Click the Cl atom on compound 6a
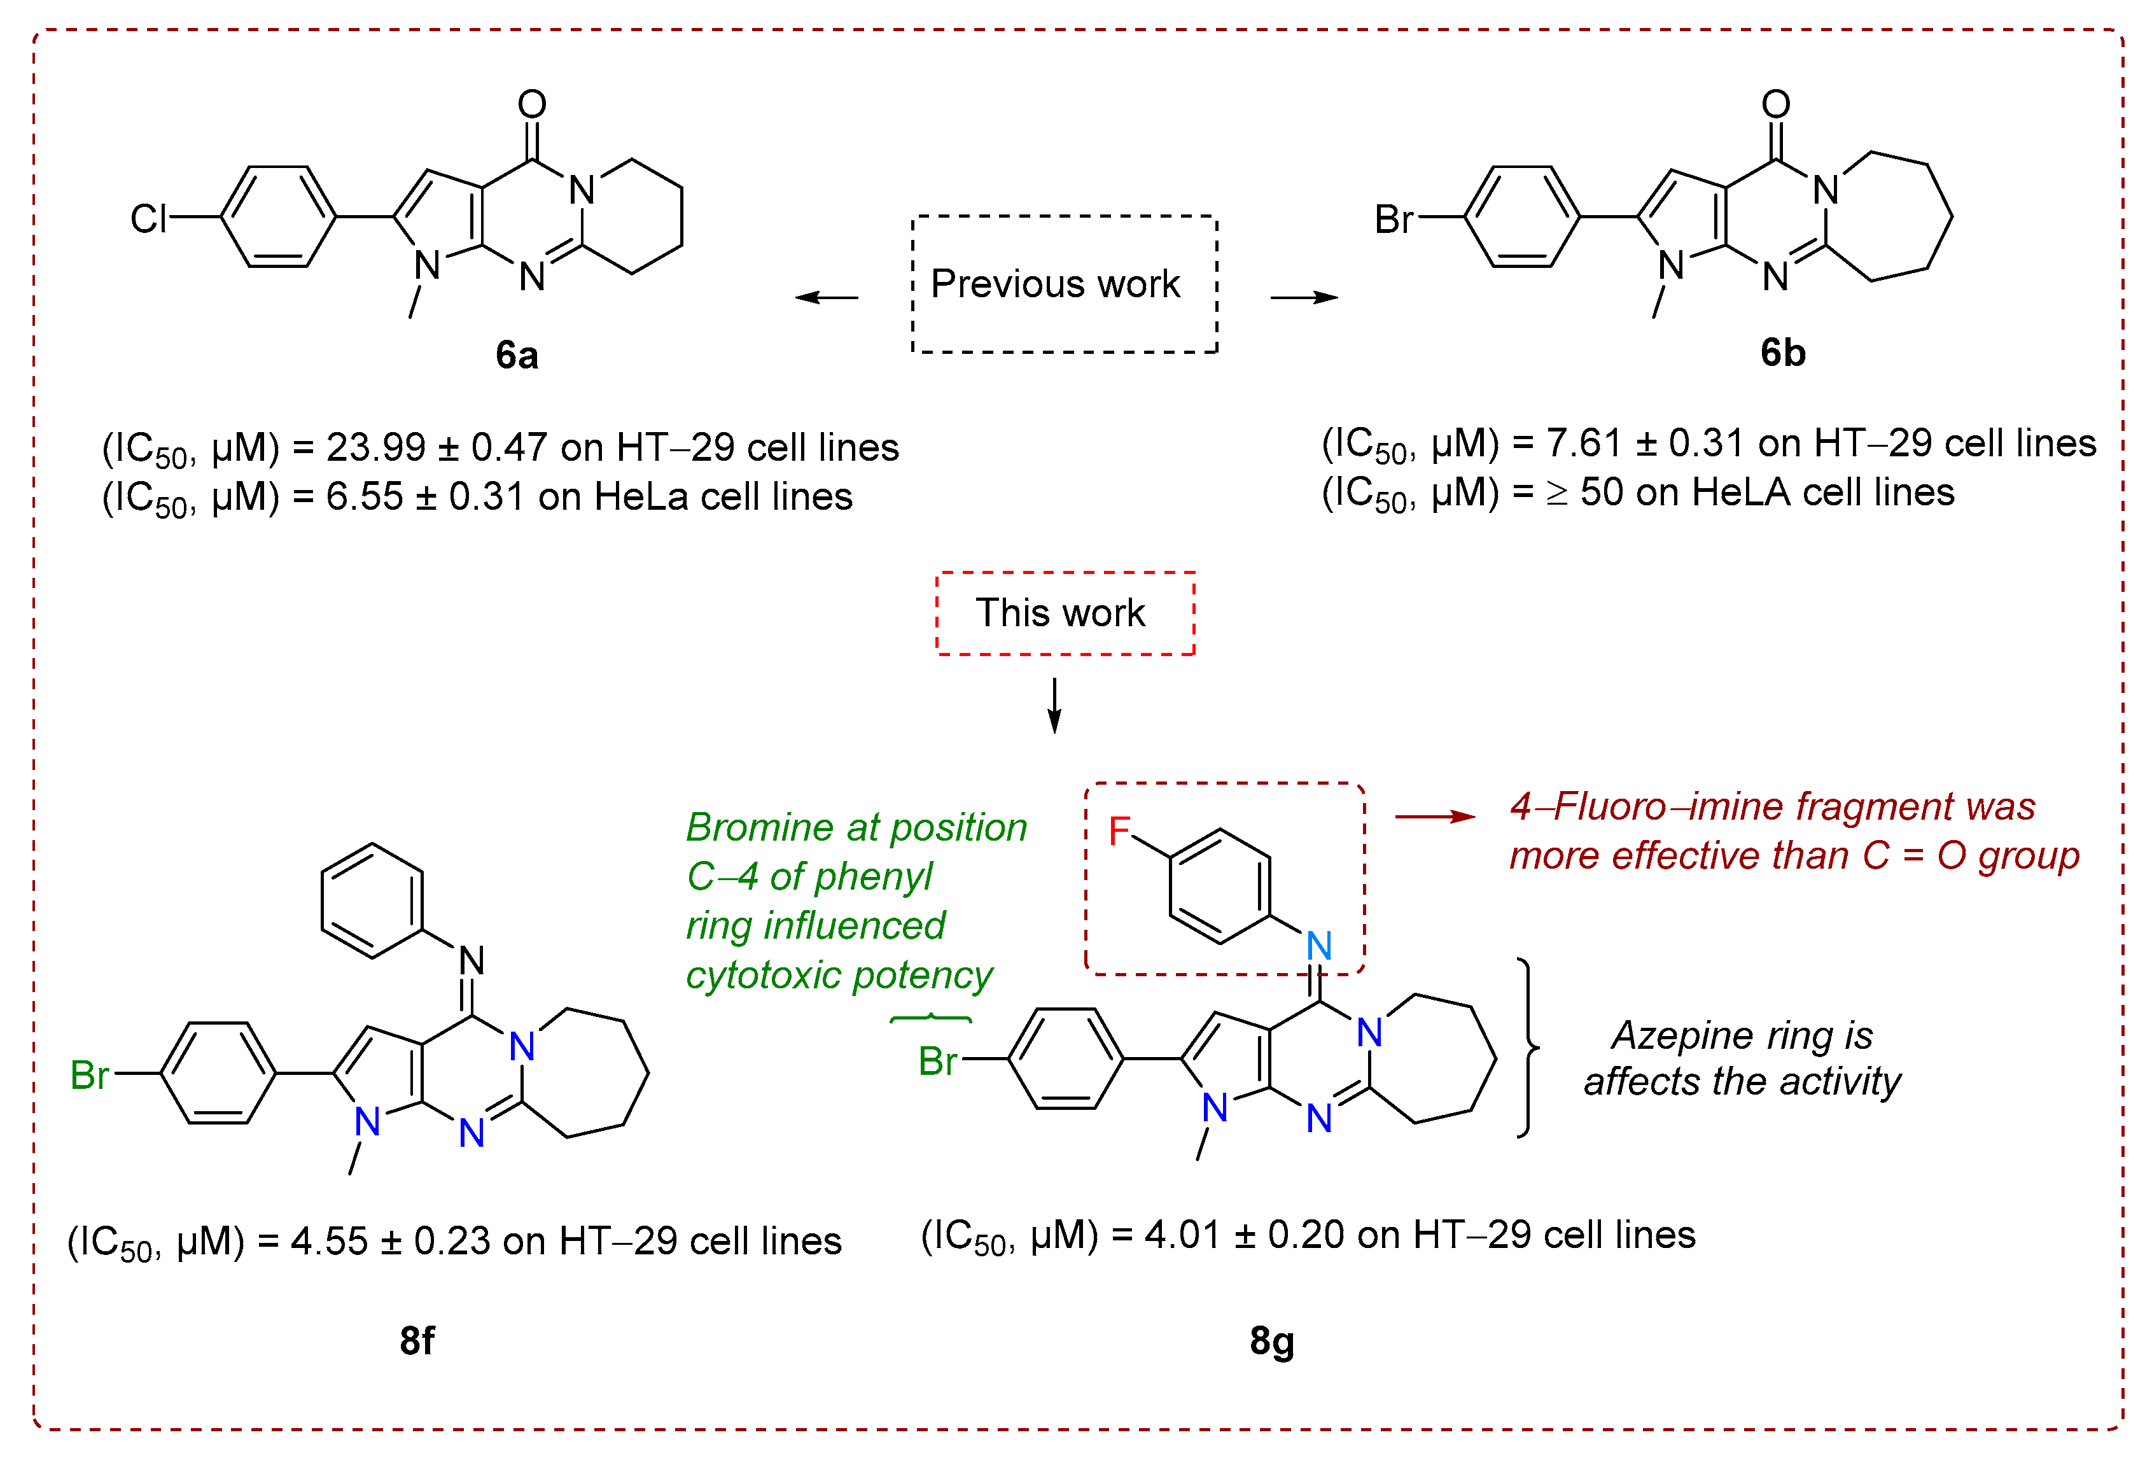148,220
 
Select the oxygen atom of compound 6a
531,104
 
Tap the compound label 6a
516,354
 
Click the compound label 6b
1782,353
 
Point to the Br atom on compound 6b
1394,220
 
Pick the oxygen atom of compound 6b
1775,104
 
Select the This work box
1065,613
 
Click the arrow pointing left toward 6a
826,297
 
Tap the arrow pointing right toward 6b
1304,297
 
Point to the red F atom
1119,831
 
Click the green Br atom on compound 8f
90,1075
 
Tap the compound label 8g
1271,1340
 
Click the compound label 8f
417,1340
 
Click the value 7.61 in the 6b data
1583,444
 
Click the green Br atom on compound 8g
937,1062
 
